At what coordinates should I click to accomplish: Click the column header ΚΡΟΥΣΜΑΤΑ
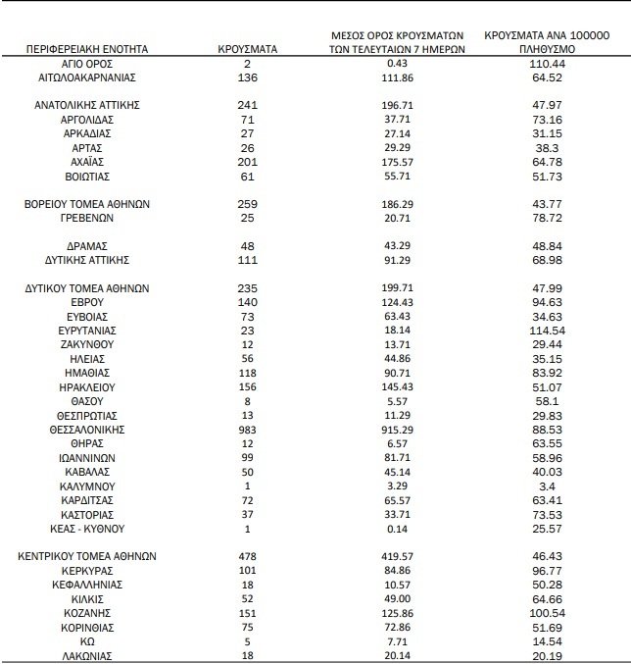[x=247, y=48]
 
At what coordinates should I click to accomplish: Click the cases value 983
[x=247, y=430]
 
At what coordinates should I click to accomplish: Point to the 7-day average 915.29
[x=397, y=430]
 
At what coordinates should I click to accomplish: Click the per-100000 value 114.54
[x=548, y=332]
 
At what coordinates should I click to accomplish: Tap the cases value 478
[x=247, y=556]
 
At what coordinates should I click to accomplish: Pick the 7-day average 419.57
[x=397, y=556]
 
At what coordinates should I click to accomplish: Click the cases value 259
[x=247, y=203]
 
